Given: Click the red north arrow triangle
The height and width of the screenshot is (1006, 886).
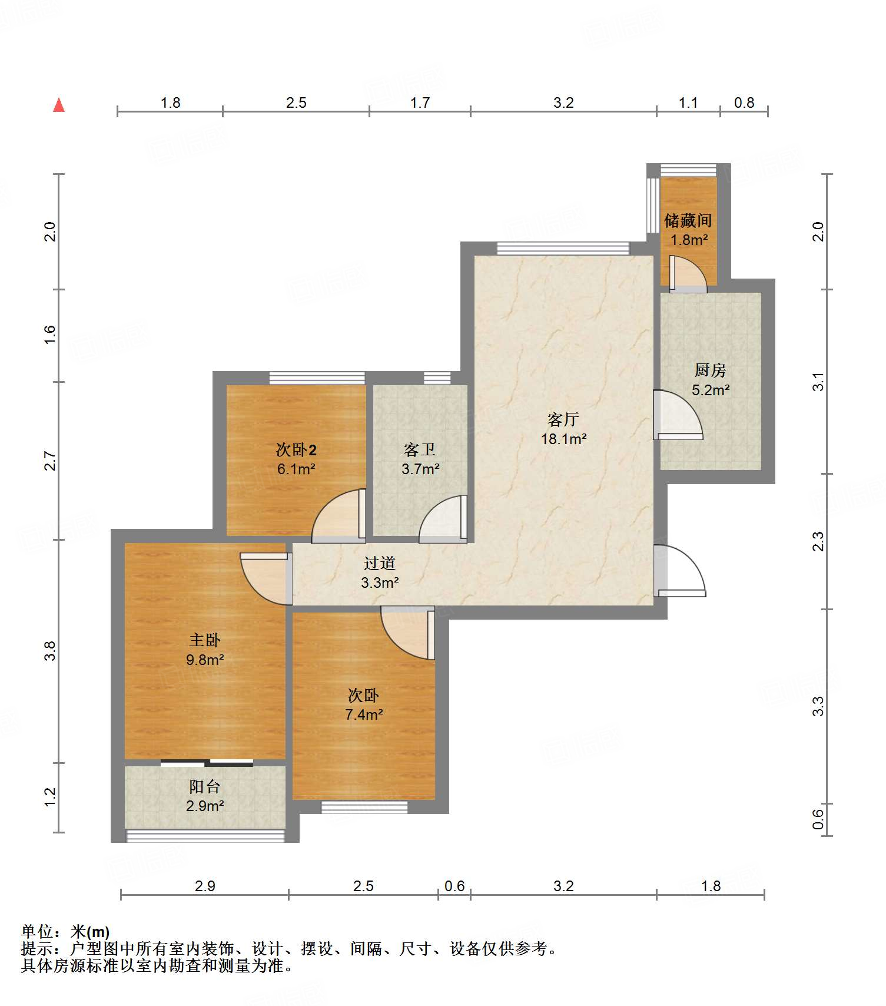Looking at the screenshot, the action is pos(59,105).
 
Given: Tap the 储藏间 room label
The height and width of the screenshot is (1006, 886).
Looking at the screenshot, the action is pos(688,221).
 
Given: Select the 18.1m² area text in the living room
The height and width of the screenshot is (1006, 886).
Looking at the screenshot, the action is pos(563,439).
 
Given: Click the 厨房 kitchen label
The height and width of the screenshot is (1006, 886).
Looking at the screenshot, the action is pos(710,370).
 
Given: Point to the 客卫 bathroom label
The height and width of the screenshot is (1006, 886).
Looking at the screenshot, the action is pos(420,450).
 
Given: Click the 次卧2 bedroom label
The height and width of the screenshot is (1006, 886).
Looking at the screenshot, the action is pos(296,450).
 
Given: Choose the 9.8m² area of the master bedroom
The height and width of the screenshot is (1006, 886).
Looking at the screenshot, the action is pos(205,660).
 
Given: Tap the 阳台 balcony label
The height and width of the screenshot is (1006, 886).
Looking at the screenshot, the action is pos(205,787).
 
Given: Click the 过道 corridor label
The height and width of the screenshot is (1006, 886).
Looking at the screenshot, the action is pos(379,564).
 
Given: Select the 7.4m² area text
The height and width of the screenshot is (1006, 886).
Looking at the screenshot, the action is pos(364,715).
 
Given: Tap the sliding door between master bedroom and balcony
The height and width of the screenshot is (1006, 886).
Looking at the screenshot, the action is pos(207,763).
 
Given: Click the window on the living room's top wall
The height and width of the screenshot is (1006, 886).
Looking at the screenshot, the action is pos(563,249).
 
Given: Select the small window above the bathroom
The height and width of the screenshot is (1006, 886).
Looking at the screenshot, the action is pos(437,378).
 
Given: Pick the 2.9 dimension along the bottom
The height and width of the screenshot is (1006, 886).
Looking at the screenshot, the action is pos(205,886).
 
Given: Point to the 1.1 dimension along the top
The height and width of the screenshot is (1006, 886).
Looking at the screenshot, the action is pos(688,102).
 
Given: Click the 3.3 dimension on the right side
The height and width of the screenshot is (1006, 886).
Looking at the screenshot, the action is pos(818,706).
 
